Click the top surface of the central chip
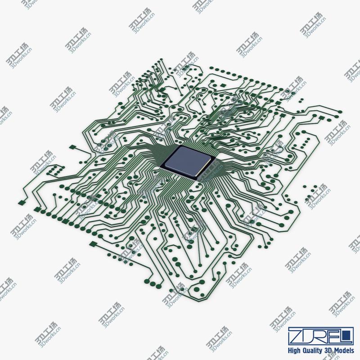(x=187, y=160)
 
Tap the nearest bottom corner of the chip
(x=195, y=177)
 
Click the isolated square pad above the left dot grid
(x=72, y=147)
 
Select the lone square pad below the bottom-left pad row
(x=93, y=244)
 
